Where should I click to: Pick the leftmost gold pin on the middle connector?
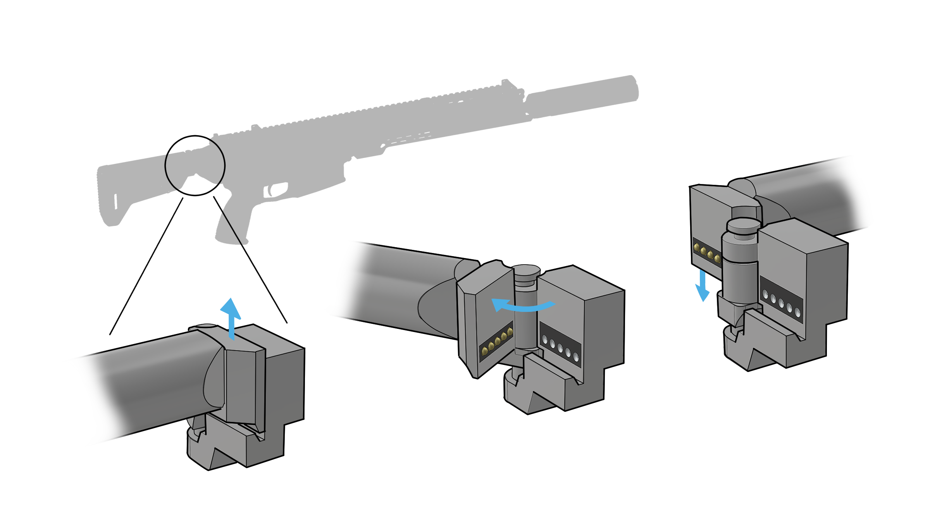coord(484,351)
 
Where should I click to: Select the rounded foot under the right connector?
coord(730,341)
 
